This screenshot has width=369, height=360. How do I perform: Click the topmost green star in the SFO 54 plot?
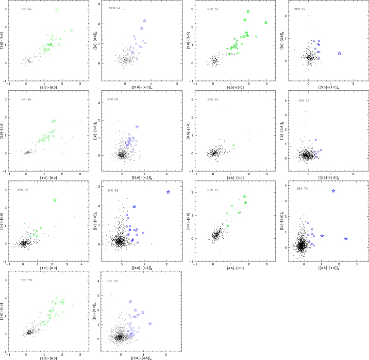click(x=57, y=10)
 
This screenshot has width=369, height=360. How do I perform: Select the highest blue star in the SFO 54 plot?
click(x=145, y=21)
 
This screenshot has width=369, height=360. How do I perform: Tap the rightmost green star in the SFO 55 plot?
click(x=266, y=23)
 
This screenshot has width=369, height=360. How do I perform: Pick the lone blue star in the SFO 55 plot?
click(x=339, y=53)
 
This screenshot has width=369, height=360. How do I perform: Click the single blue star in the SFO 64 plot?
click(x=137, y=127)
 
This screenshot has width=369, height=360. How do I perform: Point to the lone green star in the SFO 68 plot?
click(x=55, y=200)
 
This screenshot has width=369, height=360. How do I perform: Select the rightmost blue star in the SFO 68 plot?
click(x=168, y=192)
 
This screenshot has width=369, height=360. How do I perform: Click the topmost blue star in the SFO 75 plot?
click(x=333, y=191)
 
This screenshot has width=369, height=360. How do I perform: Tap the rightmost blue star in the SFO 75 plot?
click(x=346, y=239)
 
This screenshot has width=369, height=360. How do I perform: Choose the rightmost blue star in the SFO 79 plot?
click(x=151, y=323)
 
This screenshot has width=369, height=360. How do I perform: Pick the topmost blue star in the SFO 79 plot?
click(x=131, y=301)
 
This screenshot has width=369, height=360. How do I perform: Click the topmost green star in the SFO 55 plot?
click(x=248, y=11)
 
